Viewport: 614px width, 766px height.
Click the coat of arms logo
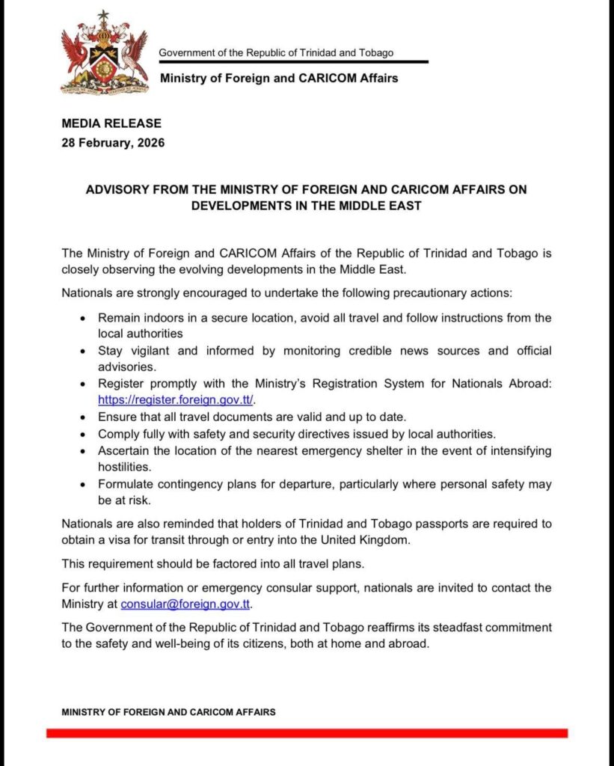click(104, 52)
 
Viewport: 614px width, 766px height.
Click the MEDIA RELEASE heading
click(111, 123)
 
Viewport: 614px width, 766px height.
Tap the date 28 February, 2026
click(113, 142)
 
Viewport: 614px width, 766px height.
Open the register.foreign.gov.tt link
click(176, 399)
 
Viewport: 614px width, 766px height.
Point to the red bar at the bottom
click(307, 733)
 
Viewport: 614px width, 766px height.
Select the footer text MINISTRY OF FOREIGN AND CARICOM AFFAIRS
click(168, 712)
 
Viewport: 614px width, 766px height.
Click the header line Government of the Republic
click(276, 52)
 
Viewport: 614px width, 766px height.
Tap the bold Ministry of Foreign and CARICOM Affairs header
click(279, 78)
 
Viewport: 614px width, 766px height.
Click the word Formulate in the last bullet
click(124, 484)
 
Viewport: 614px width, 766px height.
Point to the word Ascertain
click(123, 450)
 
